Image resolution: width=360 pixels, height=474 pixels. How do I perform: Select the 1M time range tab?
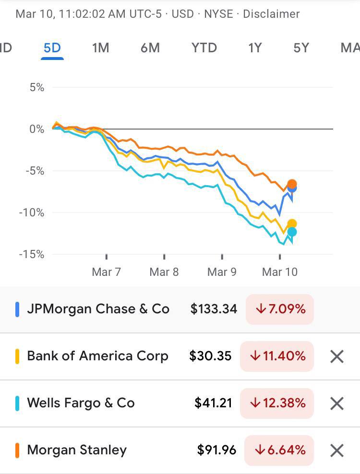coord(101,48)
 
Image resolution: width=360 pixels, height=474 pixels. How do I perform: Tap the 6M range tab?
coord(150,48)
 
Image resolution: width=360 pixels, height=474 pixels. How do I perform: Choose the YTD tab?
coord(204,48)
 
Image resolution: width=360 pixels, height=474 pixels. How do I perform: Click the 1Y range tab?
coord(255,48)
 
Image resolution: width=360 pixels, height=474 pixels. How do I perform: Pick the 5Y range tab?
coord(301,48)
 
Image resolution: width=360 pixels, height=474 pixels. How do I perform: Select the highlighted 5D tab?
coord(52,48)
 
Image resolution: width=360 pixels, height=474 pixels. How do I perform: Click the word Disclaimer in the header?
coord(271,13)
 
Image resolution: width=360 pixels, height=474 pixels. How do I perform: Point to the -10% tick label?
coord(31,213)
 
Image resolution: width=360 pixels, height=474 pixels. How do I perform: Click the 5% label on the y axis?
coord(36,87)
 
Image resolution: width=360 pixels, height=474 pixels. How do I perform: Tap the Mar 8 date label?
coord(164,272)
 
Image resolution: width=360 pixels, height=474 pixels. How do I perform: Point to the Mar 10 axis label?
coord(280,272)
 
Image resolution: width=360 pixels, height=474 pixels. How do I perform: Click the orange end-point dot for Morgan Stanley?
coord(292,184)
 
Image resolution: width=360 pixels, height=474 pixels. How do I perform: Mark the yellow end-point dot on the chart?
coord(292,224)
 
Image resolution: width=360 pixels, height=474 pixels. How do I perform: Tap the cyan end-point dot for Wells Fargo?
coord(291,232)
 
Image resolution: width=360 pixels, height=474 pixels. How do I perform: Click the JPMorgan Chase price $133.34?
coord(214,309)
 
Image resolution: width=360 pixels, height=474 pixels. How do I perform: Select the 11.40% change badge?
coord(277,356)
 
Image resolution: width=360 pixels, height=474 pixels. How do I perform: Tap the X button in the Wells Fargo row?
coord(337,403)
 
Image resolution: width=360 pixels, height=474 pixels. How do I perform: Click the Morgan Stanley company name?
coord(77,450)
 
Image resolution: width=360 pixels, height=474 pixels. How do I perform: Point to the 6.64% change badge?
coord(279,450)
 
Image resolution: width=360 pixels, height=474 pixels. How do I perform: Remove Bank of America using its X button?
coord(337,356)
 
